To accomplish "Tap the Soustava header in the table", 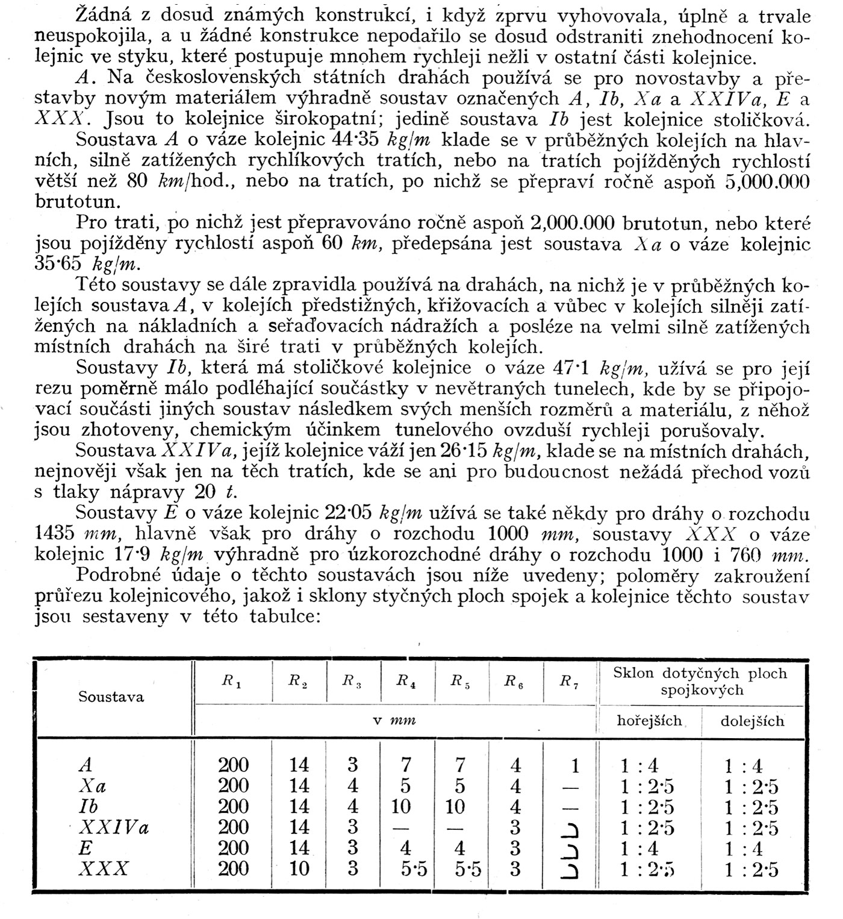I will pos(111,697).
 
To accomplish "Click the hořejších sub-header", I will pos(649,720).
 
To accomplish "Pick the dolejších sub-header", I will pos(753,721).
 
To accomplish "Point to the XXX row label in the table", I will pos(104,868).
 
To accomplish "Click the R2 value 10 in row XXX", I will pos(299,868).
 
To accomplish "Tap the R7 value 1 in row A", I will pos(575,766).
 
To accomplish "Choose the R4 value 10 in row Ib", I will pos(400,806).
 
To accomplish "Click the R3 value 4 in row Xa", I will pos(353,786).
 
